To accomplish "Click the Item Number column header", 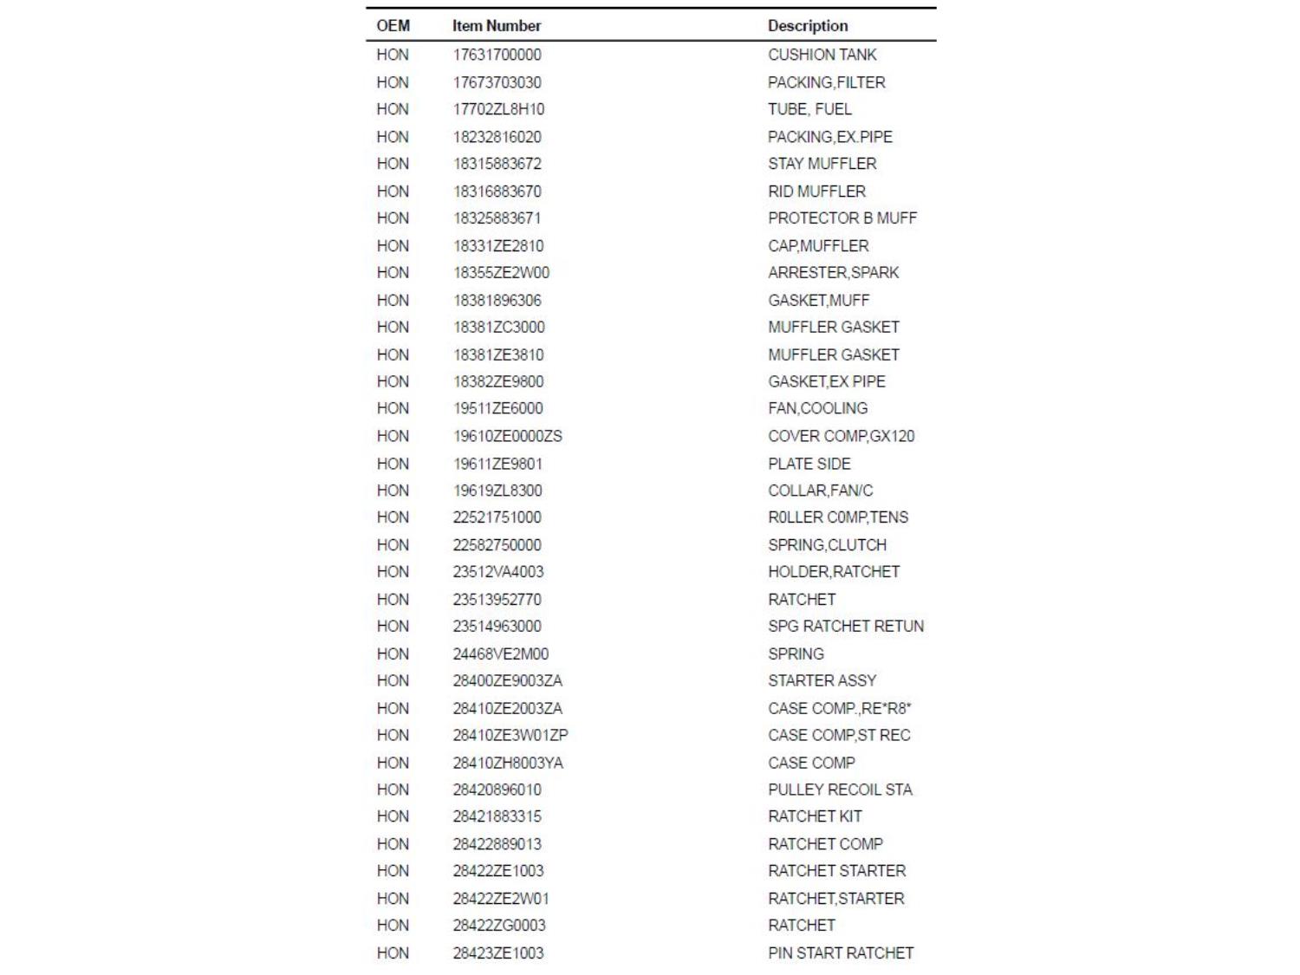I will tap(496, 26).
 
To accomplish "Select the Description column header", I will tap(807, 26).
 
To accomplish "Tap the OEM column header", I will tap(393, 26).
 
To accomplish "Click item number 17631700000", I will tap(497, 55).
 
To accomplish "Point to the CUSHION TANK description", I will tap(822, 55).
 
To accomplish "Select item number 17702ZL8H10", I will tap(498, 109).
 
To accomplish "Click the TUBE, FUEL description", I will tap(809, 109).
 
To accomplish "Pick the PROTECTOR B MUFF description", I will tap(842, 218).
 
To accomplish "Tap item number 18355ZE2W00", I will tap(501, 273).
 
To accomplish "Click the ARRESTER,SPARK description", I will tap(833, 273).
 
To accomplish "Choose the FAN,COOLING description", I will tap(817, 408).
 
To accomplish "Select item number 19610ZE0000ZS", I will tap(507, 436).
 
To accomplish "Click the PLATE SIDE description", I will tap(809, 464).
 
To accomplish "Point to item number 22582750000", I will tap(497, 545).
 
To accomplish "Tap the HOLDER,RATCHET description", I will tap(833, 572).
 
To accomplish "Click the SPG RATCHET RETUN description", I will tap(845, 627).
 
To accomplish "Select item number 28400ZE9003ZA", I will tap(507, 681).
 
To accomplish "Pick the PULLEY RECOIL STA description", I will tap(839, 790).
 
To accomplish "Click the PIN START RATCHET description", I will tap(840, 953).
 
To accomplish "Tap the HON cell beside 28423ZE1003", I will tap(393, 953).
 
